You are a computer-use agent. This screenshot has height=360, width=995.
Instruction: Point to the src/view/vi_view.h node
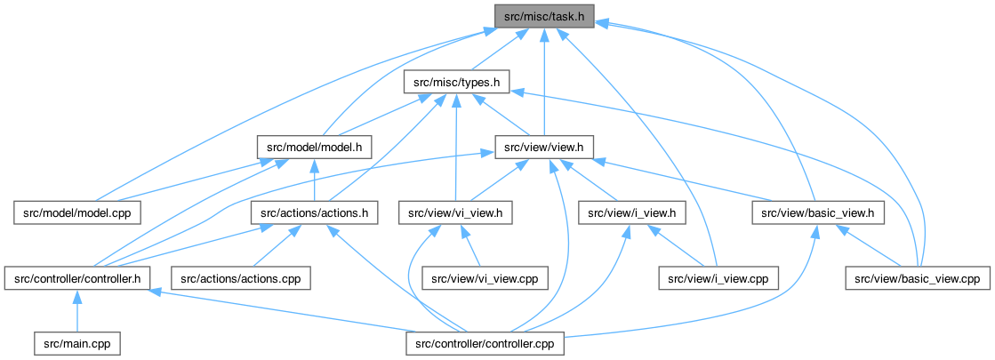(456, 213)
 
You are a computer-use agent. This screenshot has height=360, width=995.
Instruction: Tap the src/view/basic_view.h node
(819, 213)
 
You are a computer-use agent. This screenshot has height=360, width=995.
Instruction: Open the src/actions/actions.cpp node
(240, 278)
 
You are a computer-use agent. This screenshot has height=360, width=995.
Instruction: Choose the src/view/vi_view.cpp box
(485, 278)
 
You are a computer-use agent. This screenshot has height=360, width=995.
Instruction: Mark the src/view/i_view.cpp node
(718, 278)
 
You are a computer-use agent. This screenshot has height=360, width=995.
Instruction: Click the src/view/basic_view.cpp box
(917, 278)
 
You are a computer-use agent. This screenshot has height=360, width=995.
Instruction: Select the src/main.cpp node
(76, 343)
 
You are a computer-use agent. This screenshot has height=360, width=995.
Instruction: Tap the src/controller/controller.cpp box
(485, 343)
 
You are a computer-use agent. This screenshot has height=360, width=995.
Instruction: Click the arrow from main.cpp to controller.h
(76, 311)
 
